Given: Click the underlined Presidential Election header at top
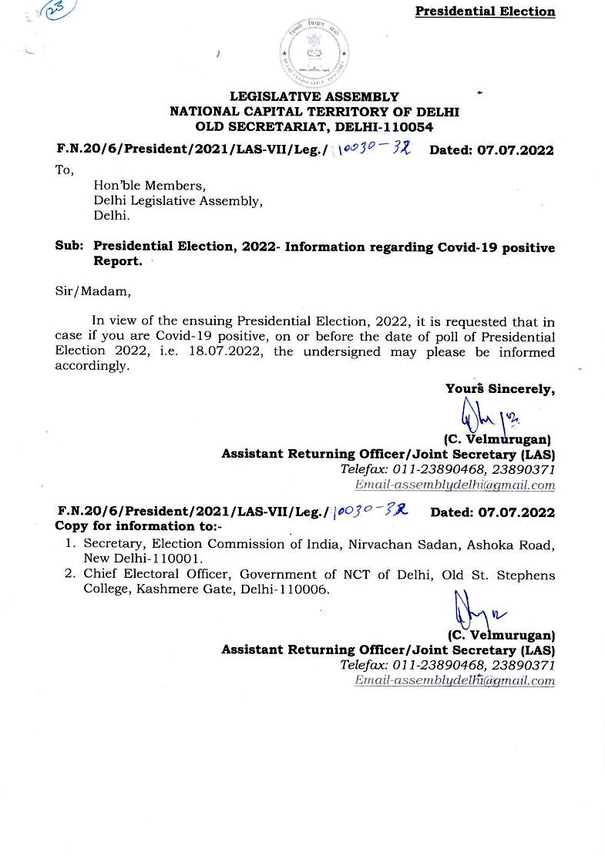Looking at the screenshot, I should click(x=485, y=12).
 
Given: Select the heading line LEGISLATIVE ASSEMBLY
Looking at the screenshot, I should click(x=314, y=97).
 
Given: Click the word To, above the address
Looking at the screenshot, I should click(x=65, y=170).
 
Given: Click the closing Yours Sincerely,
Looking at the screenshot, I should click(x=499, y=389).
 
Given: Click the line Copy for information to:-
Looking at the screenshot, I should click(x=139, y=527).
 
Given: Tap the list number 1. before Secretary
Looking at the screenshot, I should click(x=69, y=545).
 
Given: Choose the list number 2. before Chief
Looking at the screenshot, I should click(x=69, y=575).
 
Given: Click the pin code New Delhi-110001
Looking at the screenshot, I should click(x=143, y=559).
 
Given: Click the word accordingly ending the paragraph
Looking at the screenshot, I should click(x=91, y=366).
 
